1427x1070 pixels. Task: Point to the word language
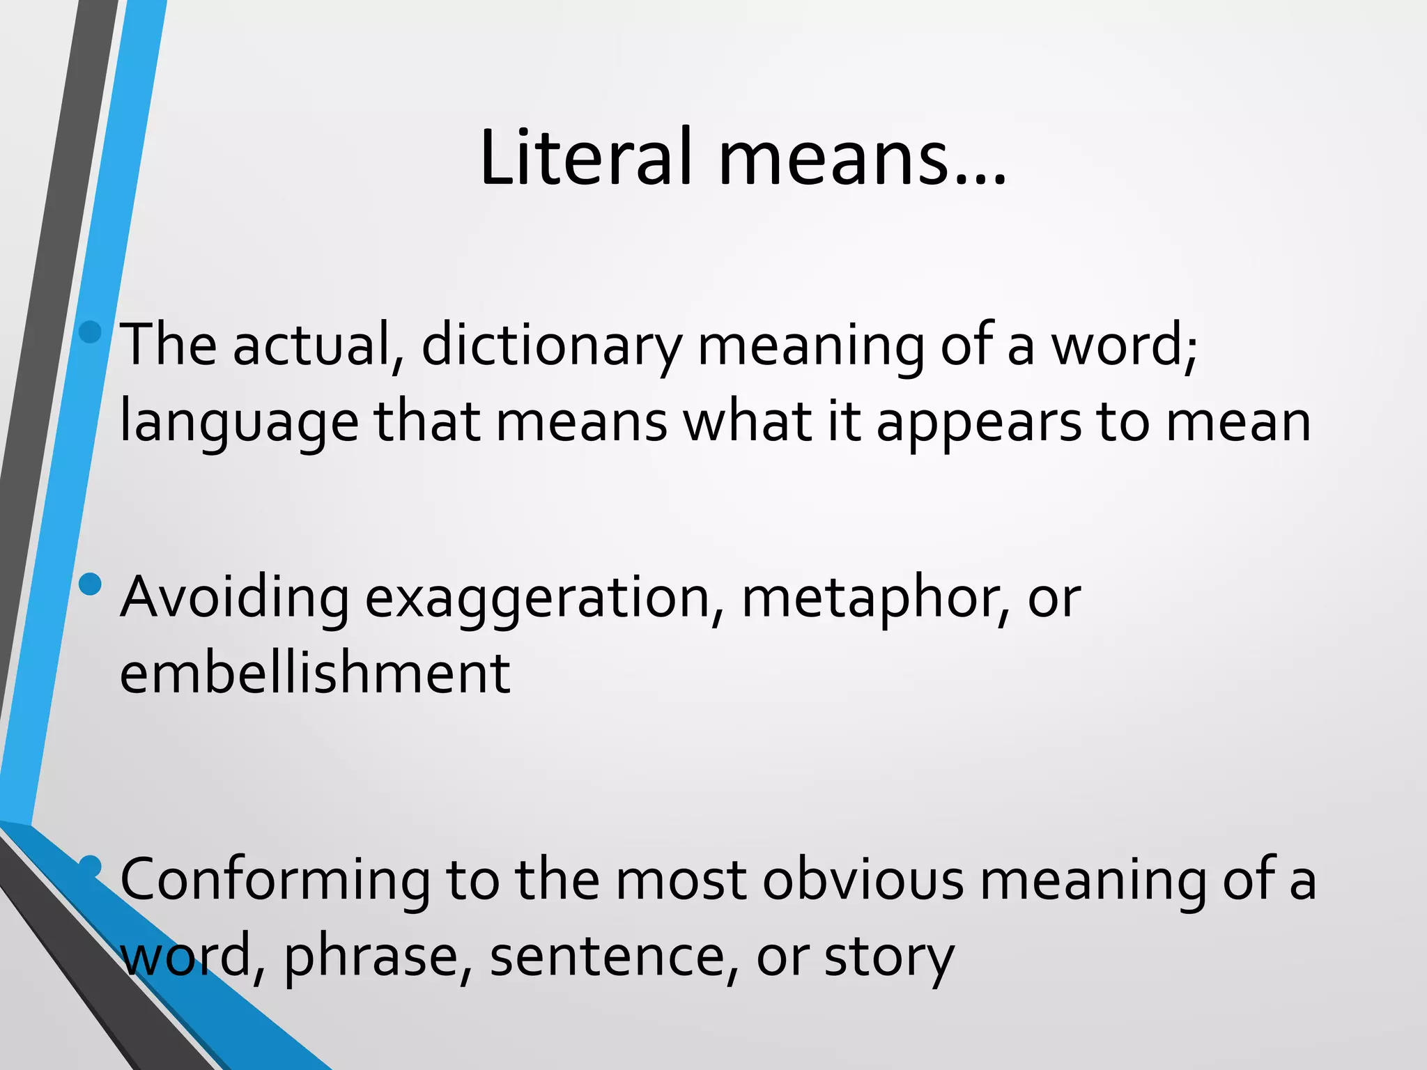click(x=239, y=424)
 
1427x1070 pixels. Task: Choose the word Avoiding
click(x=235, y=598)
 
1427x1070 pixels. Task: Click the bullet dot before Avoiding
click(x=91, y=584)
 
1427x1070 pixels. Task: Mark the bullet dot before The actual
click(x=91, y=332)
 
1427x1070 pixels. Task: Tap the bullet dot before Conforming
click(x=91, y=867)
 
